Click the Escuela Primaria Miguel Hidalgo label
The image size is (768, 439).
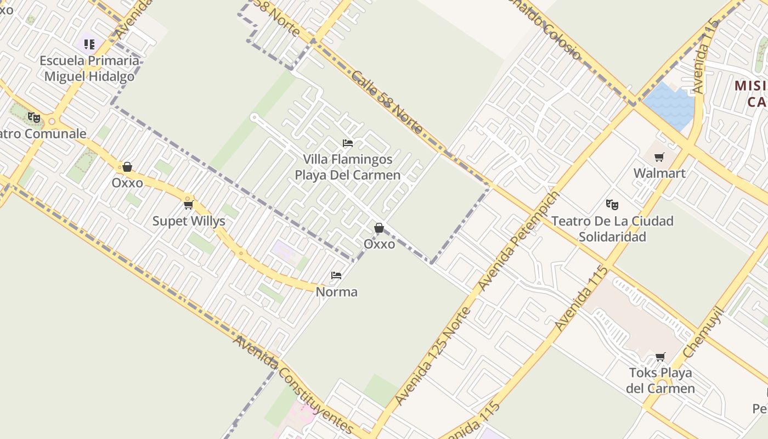coord(89,69)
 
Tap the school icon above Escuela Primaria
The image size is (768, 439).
coord(89,44)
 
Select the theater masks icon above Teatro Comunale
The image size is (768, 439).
coord(34,117)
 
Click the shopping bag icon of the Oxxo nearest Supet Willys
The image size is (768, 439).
coord(127,167)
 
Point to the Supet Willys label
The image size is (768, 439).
coord(189,222)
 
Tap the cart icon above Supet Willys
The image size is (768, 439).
coord(189,205)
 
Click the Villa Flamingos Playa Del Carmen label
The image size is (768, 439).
coord(348,167)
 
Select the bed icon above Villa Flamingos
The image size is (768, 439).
coord(348,143)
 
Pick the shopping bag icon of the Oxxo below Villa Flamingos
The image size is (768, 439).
coord(379,228)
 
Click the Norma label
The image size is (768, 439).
coord(337,292)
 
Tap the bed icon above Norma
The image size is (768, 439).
coord(337,275)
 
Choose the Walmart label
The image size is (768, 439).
coord(659,173)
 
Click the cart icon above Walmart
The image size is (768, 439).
coord(659,157)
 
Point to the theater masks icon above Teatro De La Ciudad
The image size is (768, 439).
coord(612,205)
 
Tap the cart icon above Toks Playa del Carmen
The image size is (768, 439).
coord(660,357)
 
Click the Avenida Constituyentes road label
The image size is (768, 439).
coord(293,384)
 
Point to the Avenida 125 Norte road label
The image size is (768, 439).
coord(433,357)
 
